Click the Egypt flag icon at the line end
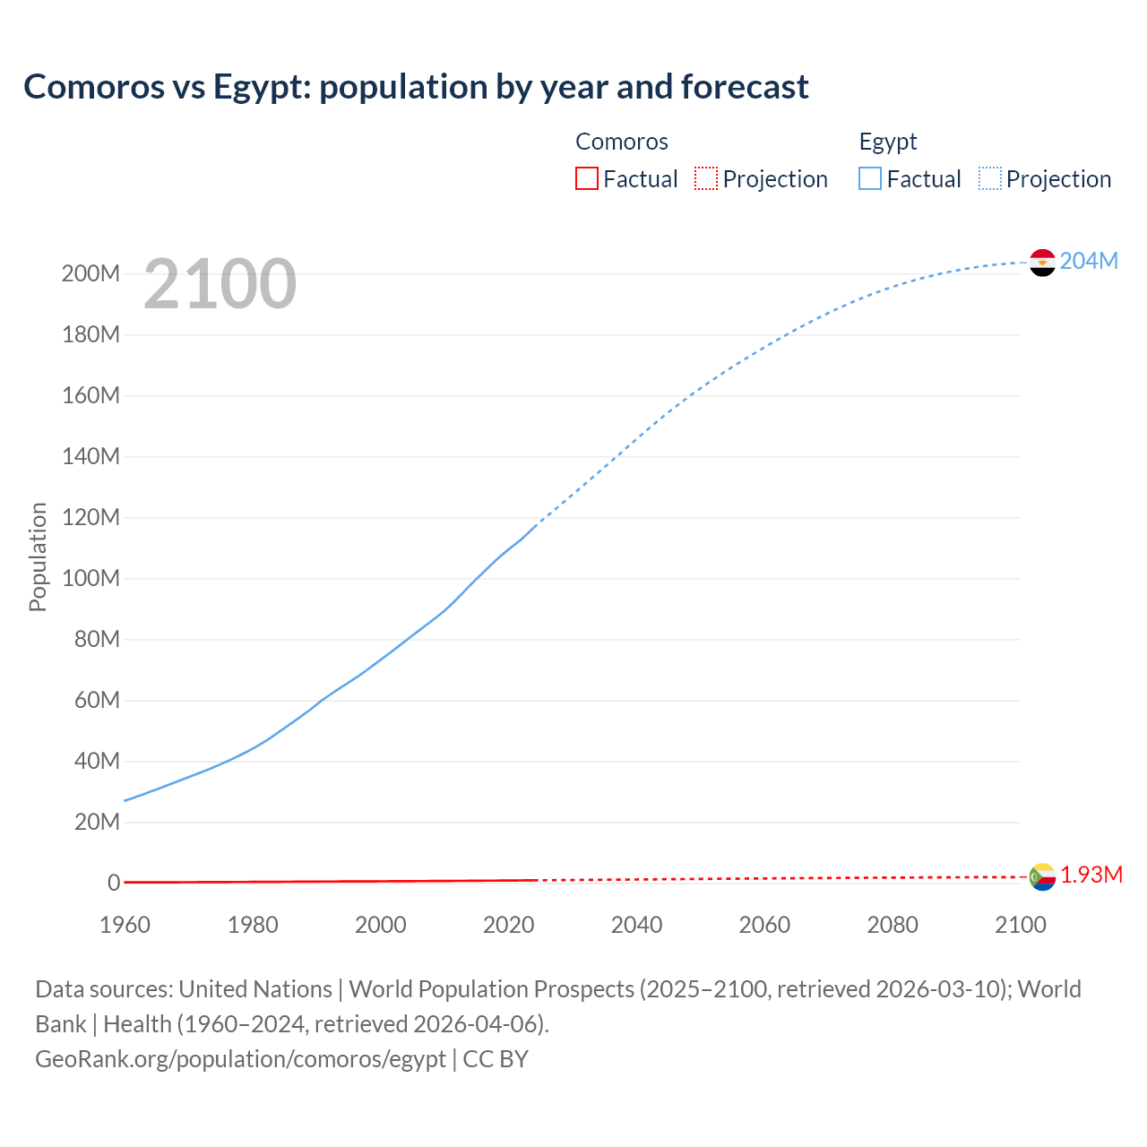pyautogui.click(x=1042, y=263)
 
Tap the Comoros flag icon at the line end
pyautogui.click(x=1042, y=876)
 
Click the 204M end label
pyautogui.click(x=1089, y=261)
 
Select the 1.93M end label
pyautogui.click(x=1091, y=875)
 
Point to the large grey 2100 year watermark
pyautogui.click(x=220, y=284)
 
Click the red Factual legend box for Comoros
pyautogui.click(x=586, y=179)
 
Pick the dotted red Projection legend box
pyautogui.click(x=706, y=179)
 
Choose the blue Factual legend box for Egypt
pyautogui.click(x=870, y=179)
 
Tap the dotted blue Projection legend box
pyautogui.click(x=990, y=179)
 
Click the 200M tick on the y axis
pyautogui.click(x=91, y=274)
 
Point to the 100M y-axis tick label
pyautogui.click(x=91, y=579)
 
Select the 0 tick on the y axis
pyautogui.click(x=114, y=884)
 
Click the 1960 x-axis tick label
pyautogui.click(x=125, y=925)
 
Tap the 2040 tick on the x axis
pyautogui.click(x=636, y=925)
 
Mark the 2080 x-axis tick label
pyautogui.click(x=893, y=925)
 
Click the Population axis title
pyautogui.click(x=38, y=557)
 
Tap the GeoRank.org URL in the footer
pyautogui.click(x=240, y=1059)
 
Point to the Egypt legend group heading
pyautogui.click(x=888, y=142)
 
